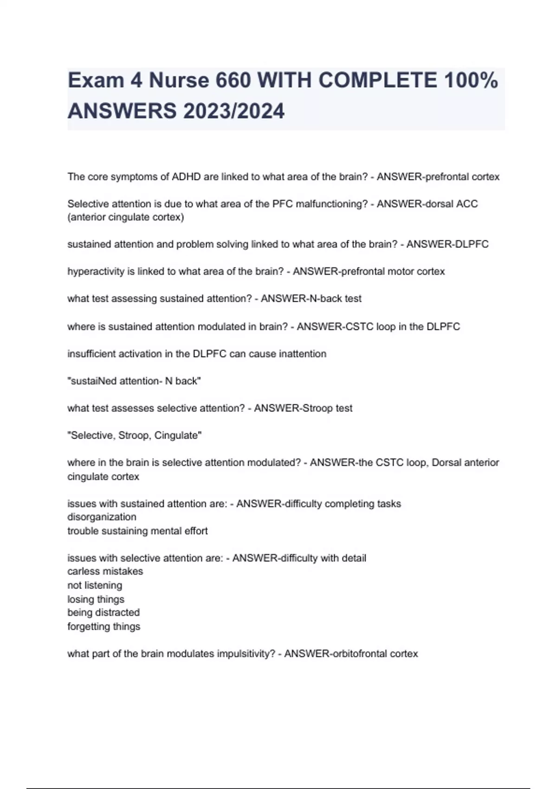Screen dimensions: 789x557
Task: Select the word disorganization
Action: (102, 517)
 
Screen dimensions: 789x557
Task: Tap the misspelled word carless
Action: (82, 571)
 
